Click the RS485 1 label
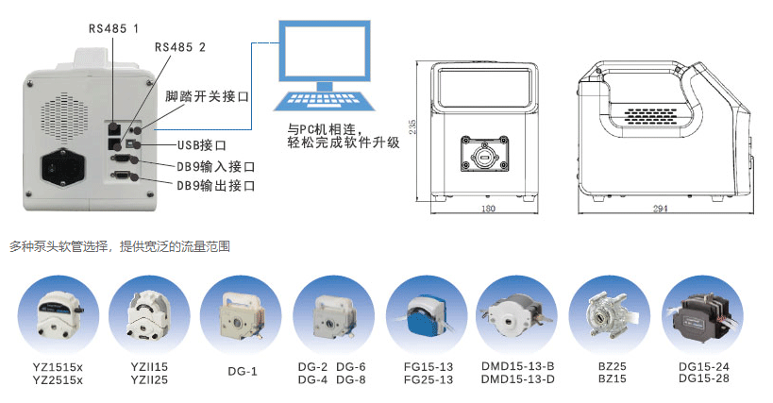pyautogui.click(x=113, y=28)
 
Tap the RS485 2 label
pyautogui.click(x=180, y=47)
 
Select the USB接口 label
pyautogui.click(x=202, y=145)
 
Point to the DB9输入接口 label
pyautogui.click(x=216, y=166)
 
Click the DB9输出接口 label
pyautogui.click(x=216, y=186)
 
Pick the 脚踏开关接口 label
pyautogui.click(x=207, y=96)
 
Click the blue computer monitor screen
pyautogui.click(x=325, y=51)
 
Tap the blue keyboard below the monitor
pyautogui.click(x=325, y=100)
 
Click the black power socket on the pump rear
pyautogui.click(x=62, y=168)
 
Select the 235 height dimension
pyautogui.click(x=412, y=126)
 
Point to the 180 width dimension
pyautogui.click(x=488, y=209)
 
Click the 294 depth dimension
pyautogui.click(x=660, y=209)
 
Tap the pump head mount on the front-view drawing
pyautogui.click(x=484, y=154)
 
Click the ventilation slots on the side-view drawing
pyautogui.click(x=650, y=116)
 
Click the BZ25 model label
pyautogui.click(x=612, y=366)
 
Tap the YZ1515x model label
pyautogui.click(x=58, y=367)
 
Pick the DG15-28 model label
pyautogui.click(x=703, y=378)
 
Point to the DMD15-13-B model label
pyautogui.click(x=517, y=366)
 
